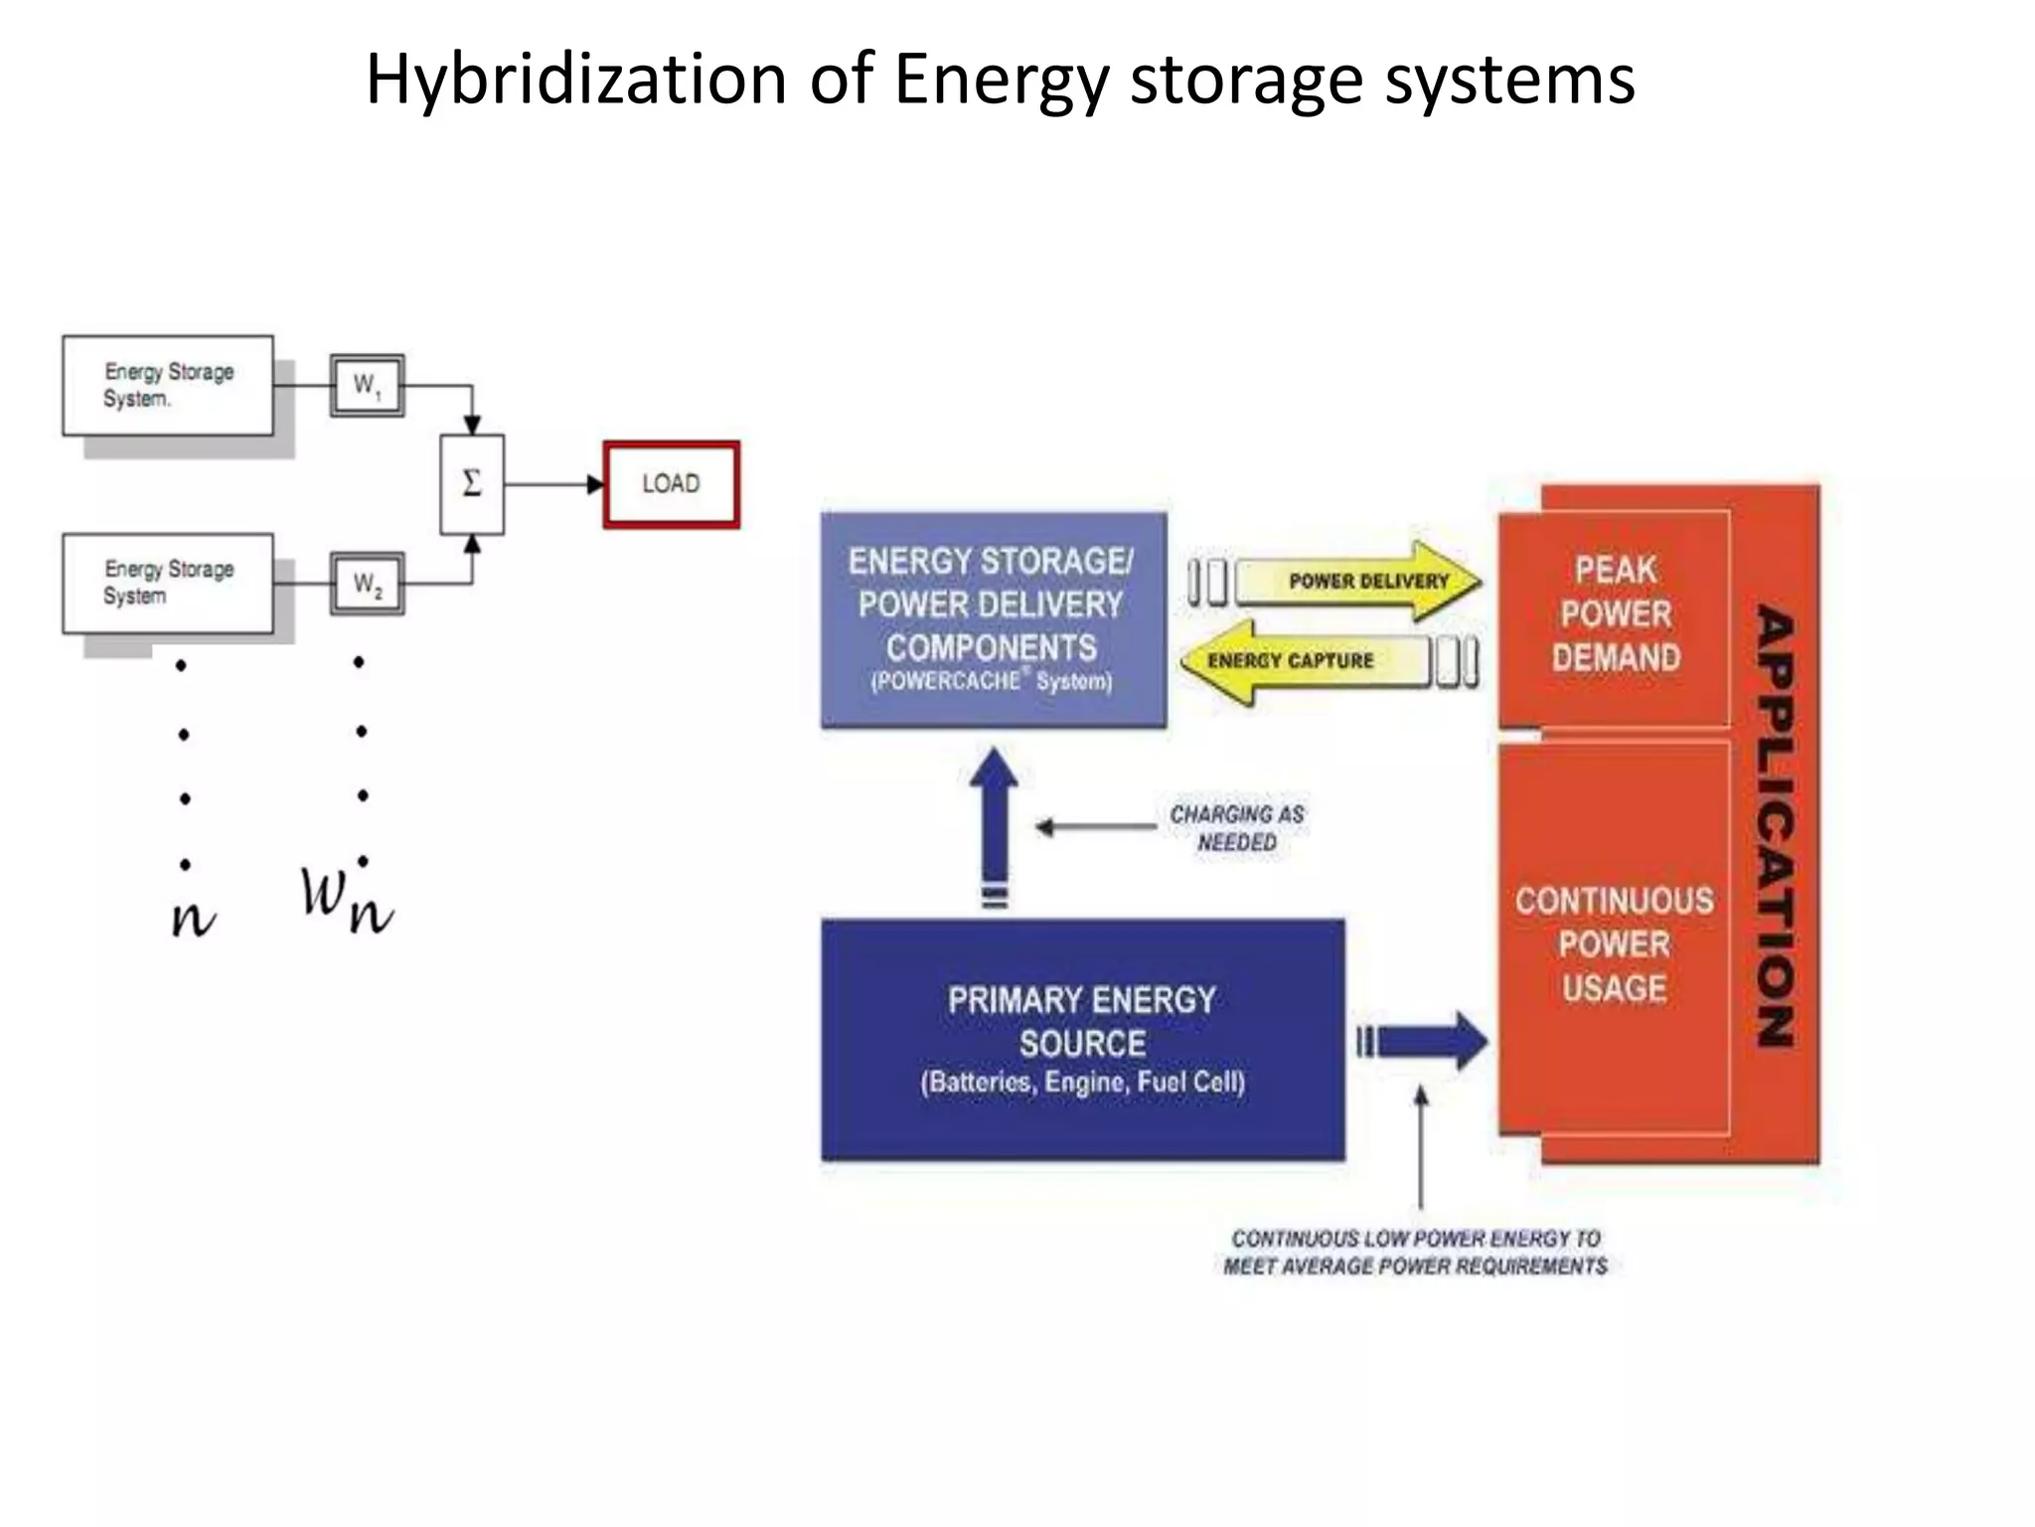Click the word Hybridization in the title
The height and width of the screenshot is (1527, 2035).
576,80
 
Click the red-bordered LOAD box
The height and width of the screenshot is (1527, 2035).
671,484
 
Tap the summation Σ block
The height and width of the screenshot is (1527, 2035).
472,484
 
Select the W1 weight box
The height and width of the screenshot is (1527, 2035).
367,385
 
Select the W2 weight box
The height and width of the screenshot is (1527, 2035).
367,584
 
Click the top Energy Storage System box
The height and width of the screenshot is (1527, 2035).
168,385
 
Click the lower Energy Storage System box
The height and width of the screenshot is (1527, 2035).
168,583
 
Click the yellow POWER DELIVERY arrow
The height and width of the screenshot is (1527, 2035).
1361,582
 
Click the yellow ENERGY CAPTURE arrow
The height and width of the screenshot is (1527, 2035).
1302,661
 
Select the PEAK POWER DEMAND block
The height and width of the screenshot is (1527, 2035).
1615,616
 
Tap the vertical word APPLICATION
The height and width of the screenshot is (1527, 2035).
1775,825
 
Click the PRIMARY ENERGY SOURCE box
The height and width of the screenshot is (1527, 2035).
1082,1039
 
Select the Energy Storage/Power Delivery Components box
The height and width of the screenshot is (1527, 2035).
993,619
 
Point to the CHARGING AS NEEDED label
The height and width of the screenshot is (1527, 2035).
1236,827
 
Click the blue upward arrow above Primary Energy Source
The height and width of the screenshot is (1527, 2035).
994,820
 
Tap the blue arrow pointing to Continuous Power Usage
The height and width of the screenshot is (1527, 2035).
1426,1041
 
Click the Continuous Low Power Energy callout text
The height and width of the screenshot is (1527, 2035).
1415,1252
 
